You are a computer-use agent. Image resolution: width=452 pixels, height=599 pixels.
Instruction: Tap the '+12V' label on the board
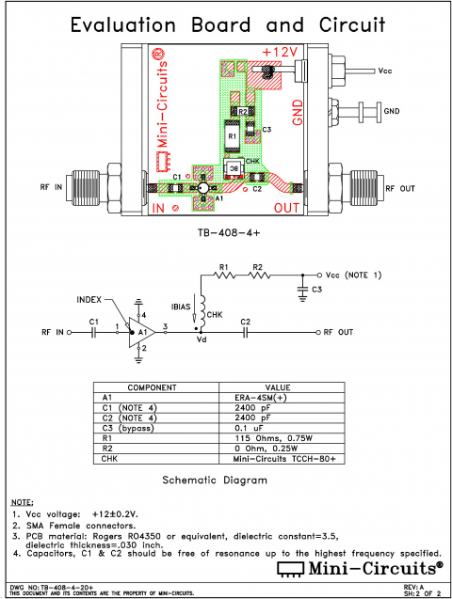pyautogui.click(x=280, y=51)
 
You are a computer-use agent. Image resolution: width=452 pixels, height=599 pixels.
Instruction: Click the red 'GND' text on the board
pyautogui.click(x=298, y=111)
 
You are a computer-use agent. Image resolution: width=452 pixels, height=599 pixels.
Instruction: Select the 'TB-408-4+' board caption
pyautogui.click(x=226, y=230)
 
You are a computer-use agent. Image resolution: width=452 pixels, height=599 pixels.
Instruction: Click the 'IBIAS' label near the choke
pyautogui.click(x=182, y=307)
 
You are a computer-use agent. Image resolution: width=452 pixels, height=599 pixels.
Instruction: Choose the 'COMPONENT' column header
pyautogui.click(x=154, y=387)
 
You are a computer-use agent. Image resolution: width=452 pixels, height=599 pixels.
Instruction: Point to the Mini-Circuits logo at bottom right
pyautogui.click(x=360, y=568)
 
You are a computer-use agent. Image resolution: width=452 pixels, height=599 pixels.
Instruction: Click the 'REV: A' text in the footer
pyautogui.click(x=425, y=586)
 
